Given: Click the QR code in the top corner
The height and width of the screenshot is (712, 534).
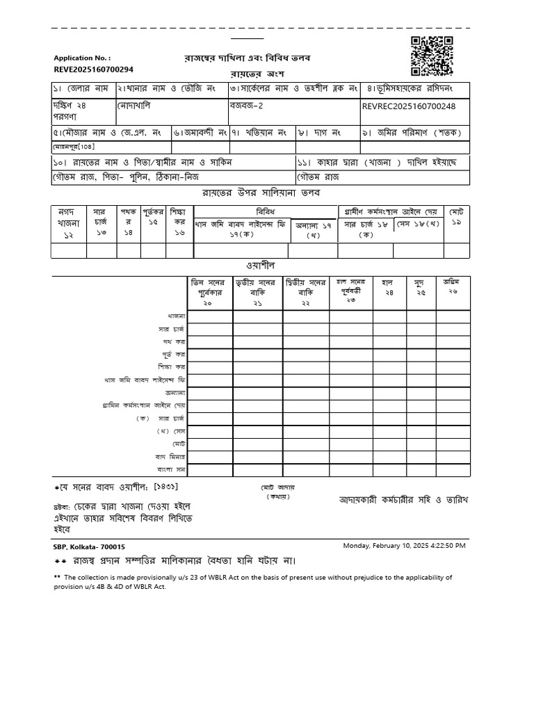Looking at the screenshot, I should (432, 56).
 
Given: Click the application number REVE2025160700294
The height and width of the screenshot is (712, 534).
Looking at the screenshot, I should (93, 70).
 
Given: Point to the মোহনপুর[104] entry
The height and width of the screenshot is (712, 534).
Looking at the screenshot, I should (74, 147).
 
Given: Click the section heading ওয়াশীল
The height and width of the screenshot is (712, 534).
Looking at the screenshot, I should (260, 266).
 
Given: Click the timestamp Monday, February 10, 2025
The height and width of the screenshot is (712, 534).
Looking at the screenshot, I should (404, 546).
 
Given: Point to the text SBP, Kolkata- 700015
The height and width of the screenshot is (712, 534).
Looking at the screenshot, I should (90, 547).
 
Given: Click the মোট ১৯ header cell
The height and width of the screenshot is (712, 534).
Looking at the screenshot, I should (457, 216).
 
